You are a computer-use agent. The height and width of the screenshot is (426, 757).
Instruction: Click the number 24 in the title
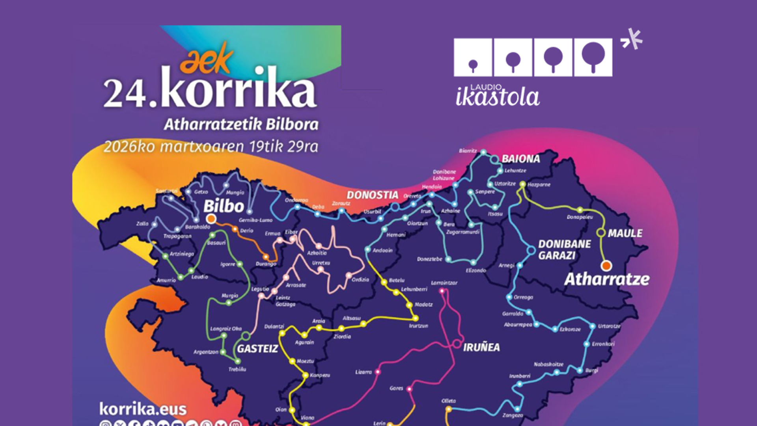click(125, 93)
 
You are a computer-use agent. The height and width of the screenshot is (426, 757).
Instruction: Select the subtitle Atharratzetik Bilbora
click(241, 125)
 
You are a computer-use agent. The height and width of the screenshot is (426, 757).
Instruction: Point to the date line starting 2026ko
click(211, 147)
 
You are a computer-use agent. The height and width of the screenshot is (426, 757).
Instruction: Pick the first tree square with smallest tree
click(473, 58)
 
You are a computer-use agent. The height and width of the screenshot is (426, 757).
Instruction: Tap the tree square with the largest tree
click(593, 58)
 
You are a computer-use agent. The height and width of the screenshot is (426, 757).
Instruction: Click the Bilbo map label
click(224, 206)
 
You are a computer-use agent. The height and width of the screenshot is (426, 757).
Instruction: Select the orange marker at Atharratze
click(606, 266)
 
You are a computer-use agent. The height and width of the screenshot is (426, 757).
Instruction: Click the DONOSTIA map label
click(372, 195)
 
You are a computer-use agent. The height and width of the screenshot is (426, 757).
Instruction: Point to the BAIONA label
click(520, 159)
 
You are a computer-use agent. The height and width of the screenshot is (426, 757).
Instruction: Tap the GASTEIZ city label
click(257, 349)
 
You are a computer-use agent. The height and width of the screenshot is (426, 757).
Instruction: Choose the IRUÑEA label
click(481, 348)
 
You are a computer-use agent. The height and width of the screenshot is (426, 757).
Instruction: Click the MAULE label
click(625, 233)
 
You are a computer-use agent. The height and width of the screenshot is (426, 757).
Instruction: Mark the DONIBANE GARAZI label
click(564, 249)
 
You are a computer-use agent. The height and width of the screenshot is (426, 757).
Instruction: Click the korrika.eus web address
click(143, 409)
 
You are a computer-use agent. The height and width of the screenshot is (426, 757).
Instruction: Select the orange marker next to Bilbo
click(211, 218)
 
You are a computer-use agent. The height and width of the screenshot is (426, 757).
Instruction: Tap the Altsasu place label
click(352, 318)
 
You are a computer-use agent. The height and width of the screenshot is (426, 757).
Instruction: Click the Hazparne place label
click(539, 184)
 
